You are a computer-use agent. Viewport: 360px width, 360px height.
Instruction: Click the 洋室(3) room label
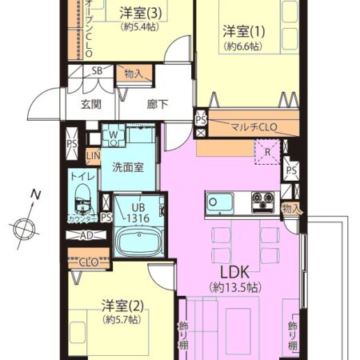click(141, 12)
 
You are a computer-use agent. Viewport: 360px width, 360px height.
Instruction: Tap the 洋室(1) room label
click(242, 32)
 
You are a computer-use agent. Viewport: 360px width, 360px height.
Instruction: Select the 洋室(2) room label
click(121, 306)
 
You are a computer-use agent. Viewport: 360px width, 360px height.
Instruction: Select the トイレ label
click(80, 178)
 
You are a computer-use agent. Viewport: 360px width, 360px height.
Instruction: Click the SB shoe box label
click(97, 71)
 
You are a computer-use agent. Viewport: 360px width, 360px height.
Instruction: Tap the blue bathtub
click(136, 241)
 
